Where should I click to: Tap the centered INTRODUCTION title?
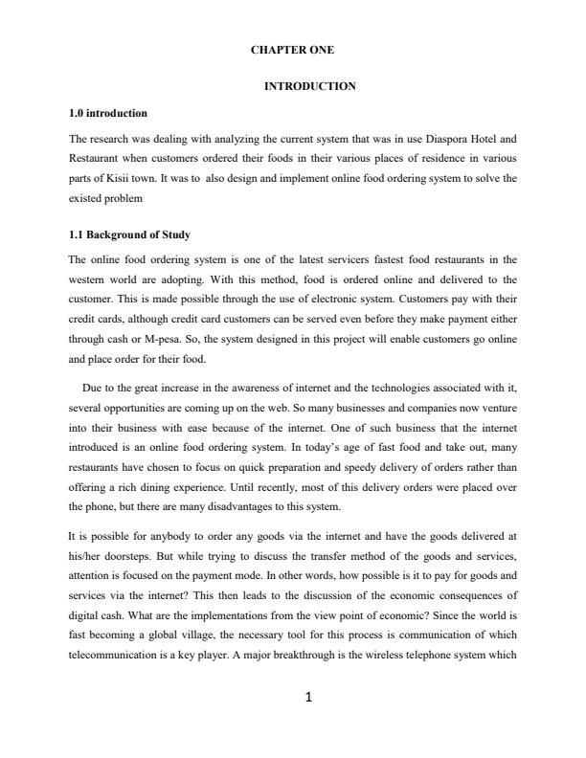click(308, 86)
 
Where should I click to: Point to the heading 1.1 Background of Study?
click(128, 234)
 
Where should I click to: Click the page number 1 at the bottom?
click(308, 698)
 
